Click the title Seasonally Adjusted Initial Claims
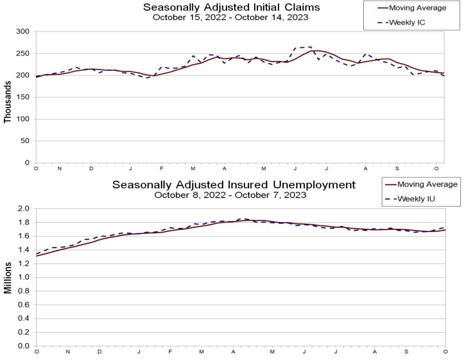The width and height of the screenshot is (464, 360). [x=231, y=7]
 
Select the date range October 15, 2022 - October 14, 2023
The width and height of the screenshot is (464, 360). [x=231, y=17]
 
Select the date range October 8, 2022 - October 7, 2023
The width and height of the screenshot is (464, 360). [x=231, y=194]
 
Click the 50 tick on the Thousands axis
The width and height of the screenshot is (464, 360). [x=24, y=141]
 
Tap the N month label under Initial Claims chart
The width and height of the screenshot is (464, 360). [x=59, y=168]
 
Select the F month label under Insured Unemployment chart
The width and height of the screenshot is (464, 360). [x=171, y=352]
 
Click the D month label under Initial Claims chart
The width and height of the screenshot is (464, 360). [x=91, y=168]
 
